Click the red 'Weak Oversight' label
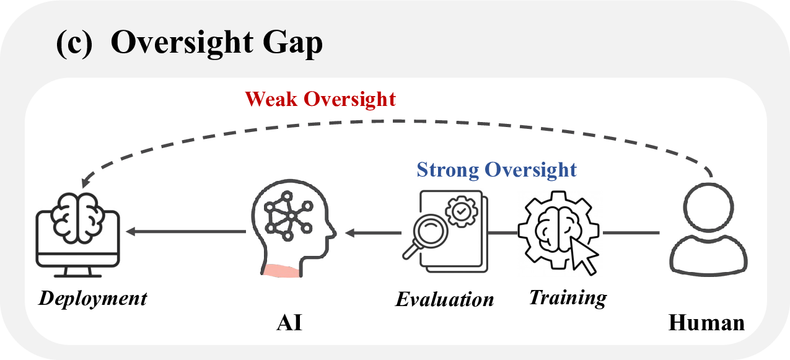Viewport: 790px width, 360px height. coord(320,99)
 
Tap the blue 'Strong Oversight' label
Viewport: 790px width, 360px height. coord(496,169)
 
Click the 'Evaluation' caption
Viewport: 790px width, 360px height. coord(445,300)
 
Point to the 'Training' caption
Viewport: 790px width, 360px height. coord(568,297)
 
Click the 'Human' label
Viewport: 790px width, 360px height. coord(706,323)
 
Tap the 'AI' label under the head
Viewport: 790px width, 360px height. coord(289,323)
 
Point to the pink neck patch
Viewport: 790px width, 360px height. coord(283,270)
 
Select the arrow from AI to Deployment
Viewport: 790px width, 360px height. coord(186,232)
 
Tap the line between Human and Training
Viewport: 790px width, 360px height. coord(631,233)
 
